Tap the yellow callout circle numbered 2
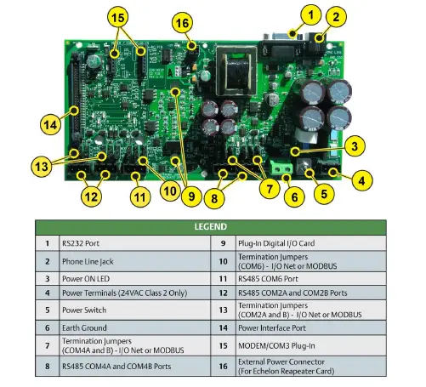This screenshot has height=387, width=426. pos(336,16)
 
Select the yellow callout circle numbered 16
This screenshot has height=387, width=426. pos(182,24)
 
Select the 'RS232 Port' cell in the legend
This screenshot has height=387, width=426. pos(85,243)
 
